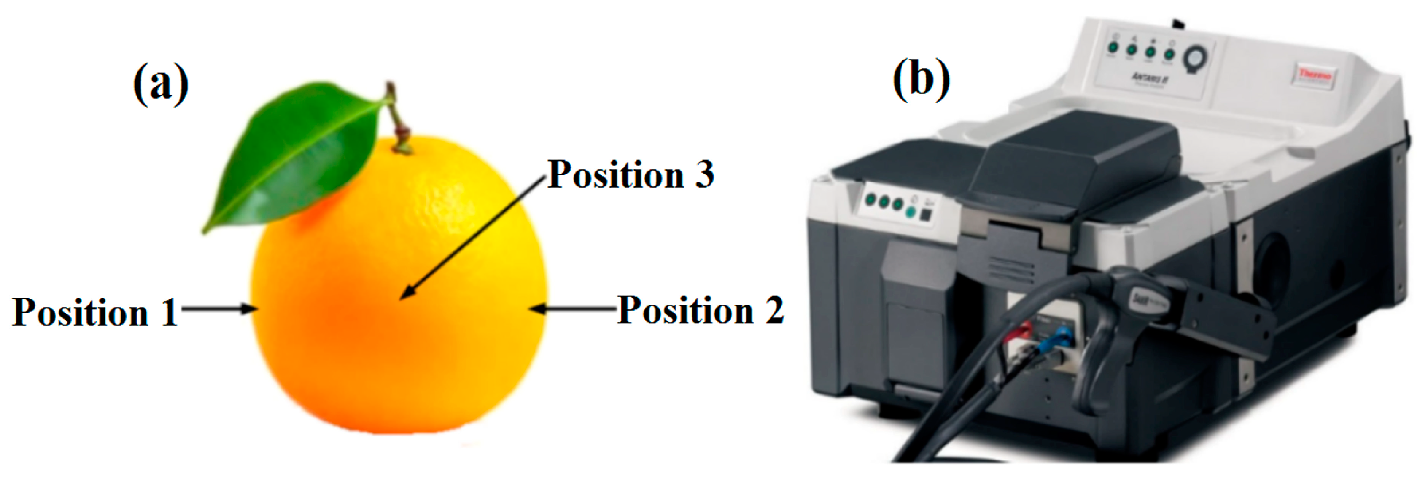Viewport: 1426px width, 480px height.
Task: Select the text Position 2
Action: tap(700, 310)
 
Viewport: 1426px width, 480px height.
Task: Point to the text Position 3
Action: tap(631, 175)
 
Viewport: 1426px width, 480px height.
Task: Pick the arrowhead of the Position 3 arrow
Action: tap(404, 296)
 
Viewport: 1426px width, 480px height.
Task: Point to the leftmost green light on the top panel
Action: tap(1112, 49)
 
